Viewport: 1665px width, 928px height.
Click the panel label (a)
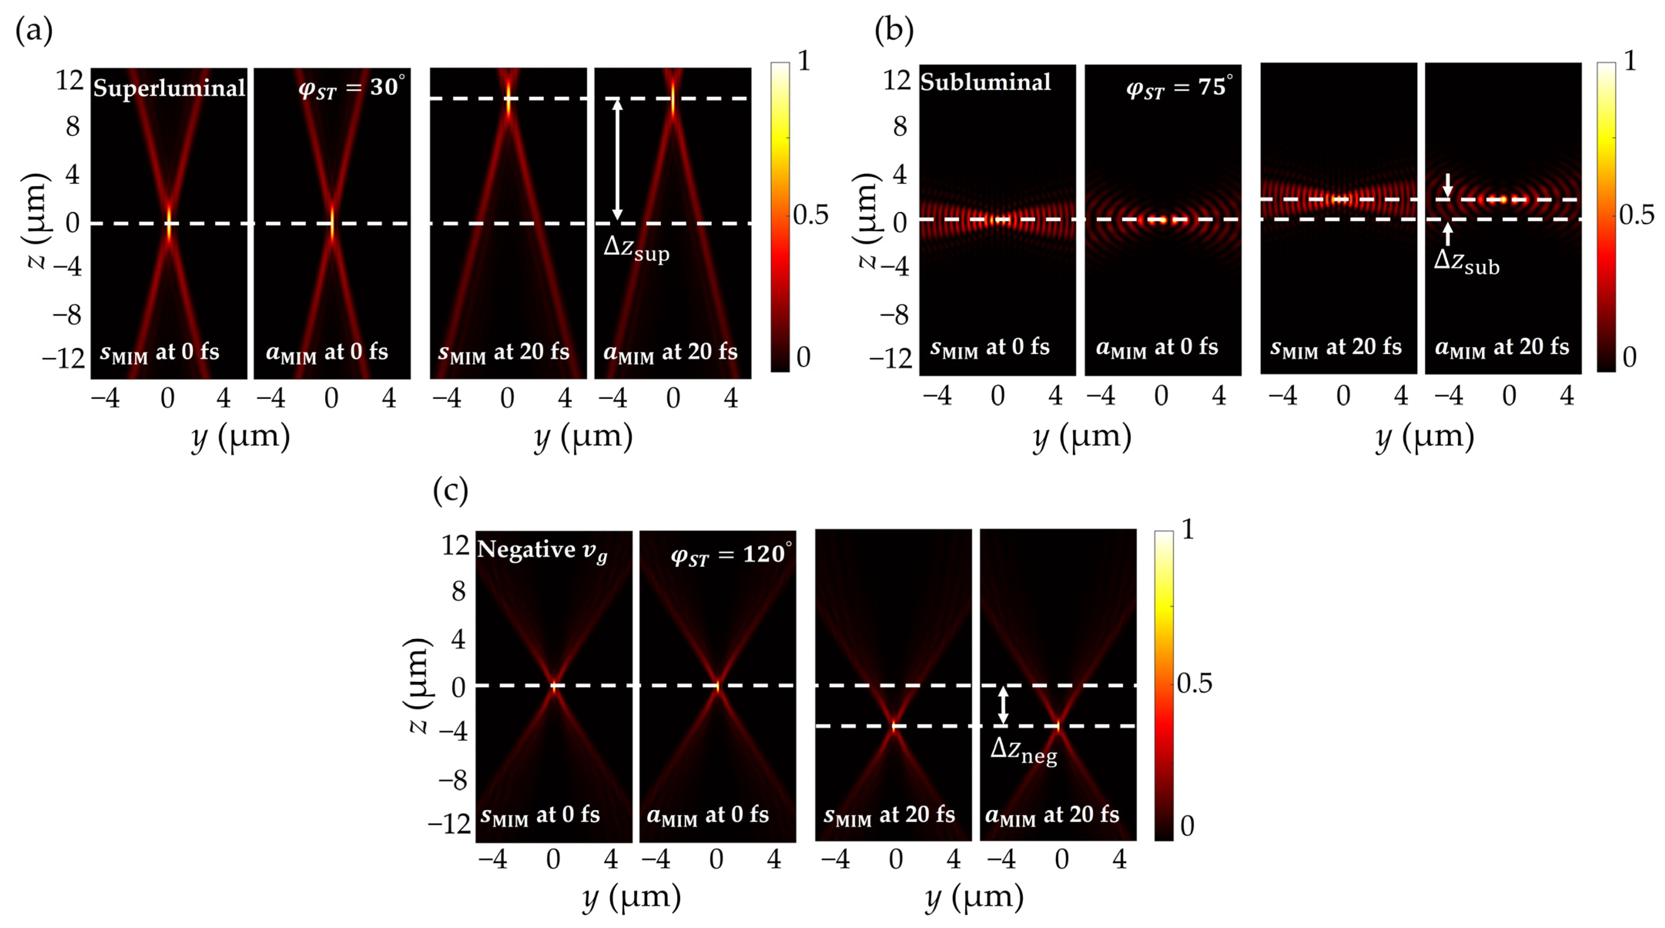tap(33, 30)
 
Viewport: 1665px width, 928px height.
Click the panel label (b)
tap(893, 30)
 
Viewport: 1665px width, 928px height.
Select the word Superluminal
tap(169, 87)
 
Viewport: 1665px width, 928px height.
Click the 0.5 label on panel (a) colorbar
tap(811, 215)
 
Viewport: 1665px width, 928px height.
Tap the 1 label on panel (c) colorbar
tap(1187, 530)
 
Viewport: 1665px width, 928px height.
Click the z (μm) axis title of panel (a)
tap(37, 220)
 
